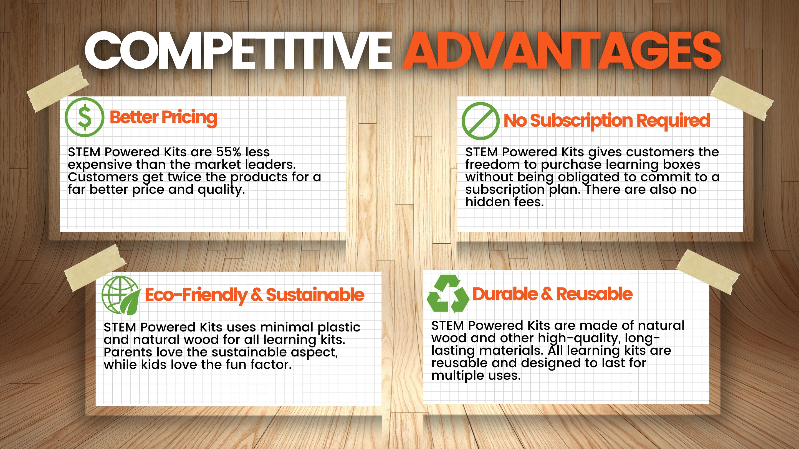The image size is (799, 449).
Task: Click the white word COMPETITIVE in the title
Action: point(238,50)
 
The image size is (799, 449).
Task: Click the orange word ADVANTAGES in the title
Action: point(562,50)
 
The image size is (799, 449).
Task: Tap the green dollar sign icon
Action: point(84,117)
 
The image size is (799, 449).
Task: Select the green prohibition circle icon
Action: point(481,121)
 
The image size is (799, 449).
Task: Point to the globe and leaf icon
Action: point(120,295)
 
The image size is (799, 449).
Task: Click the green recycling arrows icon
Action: point(448,294)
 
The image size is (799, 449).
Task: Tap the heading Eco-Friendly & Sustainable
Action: point(255,295)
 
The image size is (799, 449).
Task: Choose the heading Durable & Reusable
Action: point(552,294)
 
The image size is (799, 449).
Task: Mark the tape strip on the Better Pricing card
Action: point(58,89)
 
